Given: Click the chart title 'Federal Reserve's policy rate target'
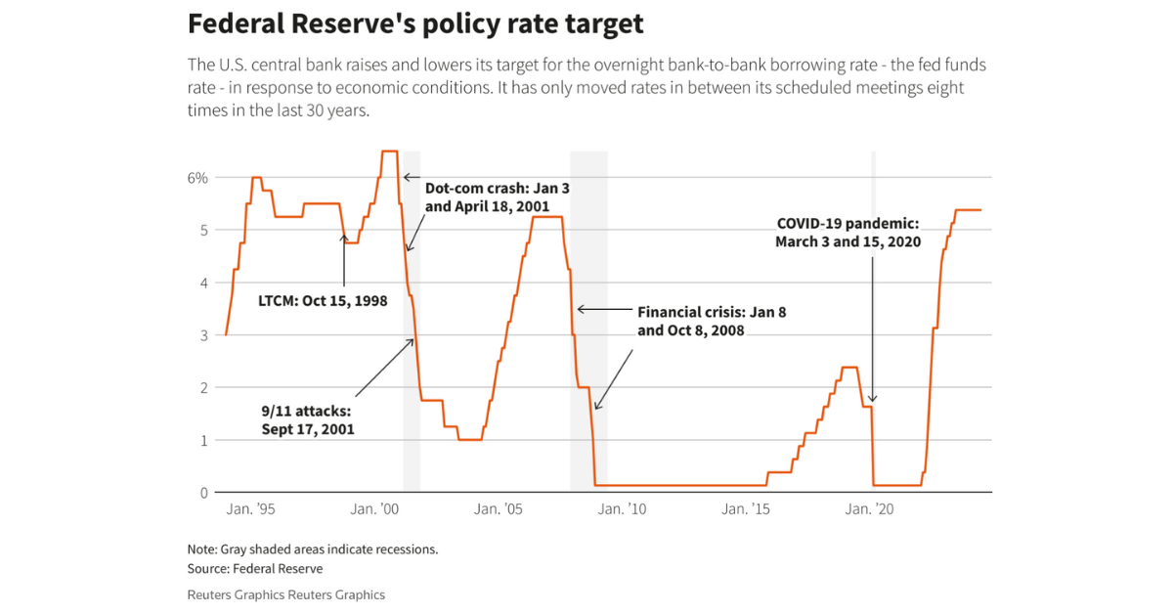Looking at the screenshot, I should click(x=415, y=23).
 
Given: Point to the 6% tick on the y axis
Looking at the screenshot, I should click(x=198, y=178).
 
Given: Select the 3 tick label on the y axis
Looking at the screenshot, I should click(x=203, y=335).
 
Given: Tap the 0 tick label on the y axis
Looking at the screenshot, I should click(x=203, y=493).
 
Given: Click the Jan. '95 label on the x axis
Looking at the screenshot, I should click(x=251, y=509).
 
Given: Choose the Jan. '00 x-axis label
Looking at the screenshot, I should click(x=375, y=509).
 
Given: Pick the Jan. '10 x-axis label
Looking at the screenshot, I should click(x=622, y=509).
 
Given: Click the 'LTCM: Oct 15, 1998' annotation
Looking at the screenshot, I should click(x=323, y=300).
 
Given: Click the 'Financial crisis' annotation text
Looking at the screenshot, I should click(x=711, y=322).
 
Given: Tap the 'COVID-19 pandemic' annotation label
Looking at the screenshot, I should click(x=847, y=233).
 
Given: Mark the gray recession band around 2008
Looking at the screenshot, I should click(x=588, y=323).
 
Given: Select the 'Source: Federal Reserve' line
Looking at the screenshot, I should click(x=254, y=568).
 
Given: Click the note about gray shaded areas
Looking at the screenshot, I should click(x=312, y=548).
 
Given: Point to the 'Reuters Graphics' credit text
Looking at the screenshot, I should click(x=285, y=594).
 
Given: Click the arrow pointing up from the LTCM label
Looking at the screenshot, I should click(x=344, y=259).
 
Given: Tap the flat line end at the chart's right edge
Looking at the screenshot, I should click(x=979, y=210).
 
